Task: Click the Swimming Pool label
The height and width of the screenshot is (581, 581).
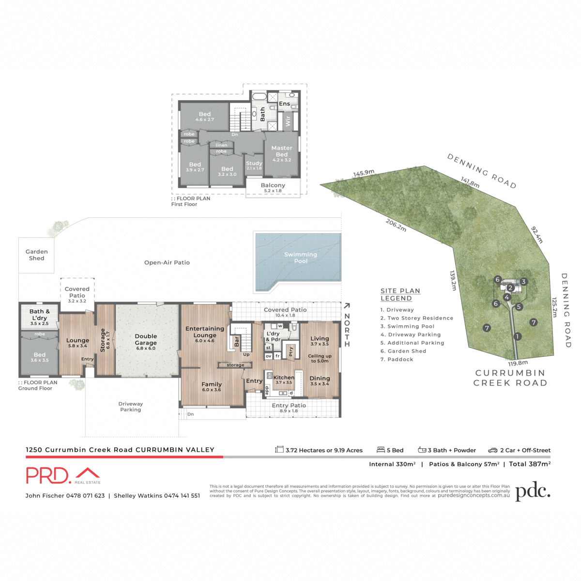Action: point(301,258)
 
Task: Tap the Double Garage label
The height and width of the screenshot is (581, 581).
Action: point(146,339)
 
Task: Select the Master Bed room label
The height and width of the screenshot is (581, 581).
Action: point(282,151)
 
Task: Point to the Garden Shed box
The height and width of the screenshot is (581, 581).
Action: point(36,255)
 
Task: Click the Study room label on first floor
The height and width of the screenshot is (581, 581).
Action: point(254,165)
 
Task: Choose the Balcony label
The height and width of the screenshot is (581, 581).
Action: point(273,187)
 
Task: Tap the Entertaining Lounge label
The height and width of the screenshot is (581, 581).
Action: point(205,332)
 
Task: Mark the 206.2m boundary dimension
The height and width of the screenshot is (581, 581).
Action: point(396,225)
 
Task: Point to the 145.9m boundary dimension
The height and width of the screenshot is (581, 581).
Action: point(364,173)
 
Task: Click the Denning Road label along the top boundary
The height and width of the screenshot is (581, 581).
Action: point(481,171)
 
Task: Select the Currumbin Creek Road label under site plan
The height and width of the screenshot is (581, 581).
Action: point(510,378)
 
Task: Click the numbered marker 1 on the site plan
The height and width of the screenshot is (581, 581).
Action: point(518,336)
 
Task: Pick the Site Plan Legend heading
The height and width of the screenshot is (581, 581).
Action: point(400,294)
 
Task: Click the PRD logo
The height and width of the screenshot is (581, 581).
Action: point(63,475)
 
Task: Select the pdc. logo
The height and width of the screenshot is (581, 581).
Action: point(533,491)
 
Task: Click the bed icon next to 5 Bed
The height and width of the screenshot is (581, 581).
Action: point(381,450)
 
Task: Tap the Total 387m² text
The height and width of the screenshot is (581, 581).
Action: point(530,464)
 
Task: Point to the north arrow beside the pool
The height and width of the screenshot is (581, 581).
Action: point(347,306)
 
